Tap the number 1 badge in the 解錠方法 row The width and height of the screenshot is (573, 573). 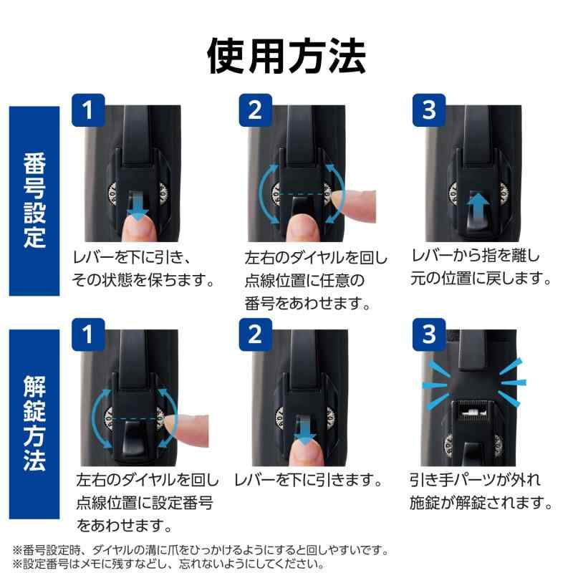(88, 332)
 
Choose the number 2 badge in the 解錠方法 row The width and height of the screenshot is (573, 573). (255, 332)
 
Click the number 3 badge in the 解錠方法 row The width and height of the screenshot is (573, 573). (429, 332)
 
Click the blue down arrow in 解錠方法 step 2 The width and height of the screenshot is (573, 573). (305, 430)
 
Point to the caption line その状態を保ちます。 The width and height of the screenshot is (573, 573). (143, 279)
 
